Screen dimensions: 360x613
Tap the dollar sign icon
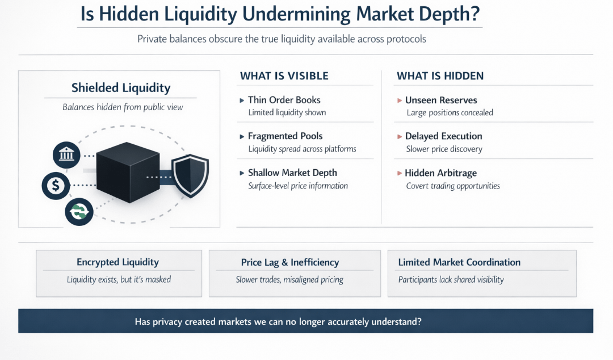pos(55,185)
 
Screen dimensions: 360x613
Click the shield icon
pos(190,175)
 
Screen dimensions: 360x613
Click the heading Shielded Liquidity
pos(121,87)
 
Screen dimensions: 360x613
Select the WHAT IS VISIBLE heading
pos(284,76)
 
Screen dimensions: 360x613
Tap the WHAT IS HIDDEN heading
pos(440,76)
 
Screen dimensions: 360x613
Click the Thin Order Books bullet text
pos(284,100)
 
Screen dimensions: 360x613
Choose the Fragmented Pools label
pos(285,136)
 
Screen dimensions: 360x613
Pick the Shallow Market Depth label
pos(292,173)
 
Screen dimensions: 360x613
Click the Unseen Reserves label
pos(441,100)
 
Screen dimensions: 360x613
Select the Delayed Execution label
pos(444,136)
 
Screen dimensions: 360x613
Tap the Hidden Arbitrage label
pos(441,173)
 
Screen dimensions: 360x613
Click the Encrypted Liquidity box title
pos(117,262)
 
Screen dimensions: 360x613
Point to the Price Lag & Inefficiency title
pos(290,262)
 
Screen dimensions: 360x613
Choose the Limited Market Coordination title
pos(459,262)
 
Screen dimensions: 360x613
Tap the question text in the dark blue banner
pos(278,321)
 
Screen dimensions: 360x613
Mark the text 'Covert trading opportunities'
pos(453,186)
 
